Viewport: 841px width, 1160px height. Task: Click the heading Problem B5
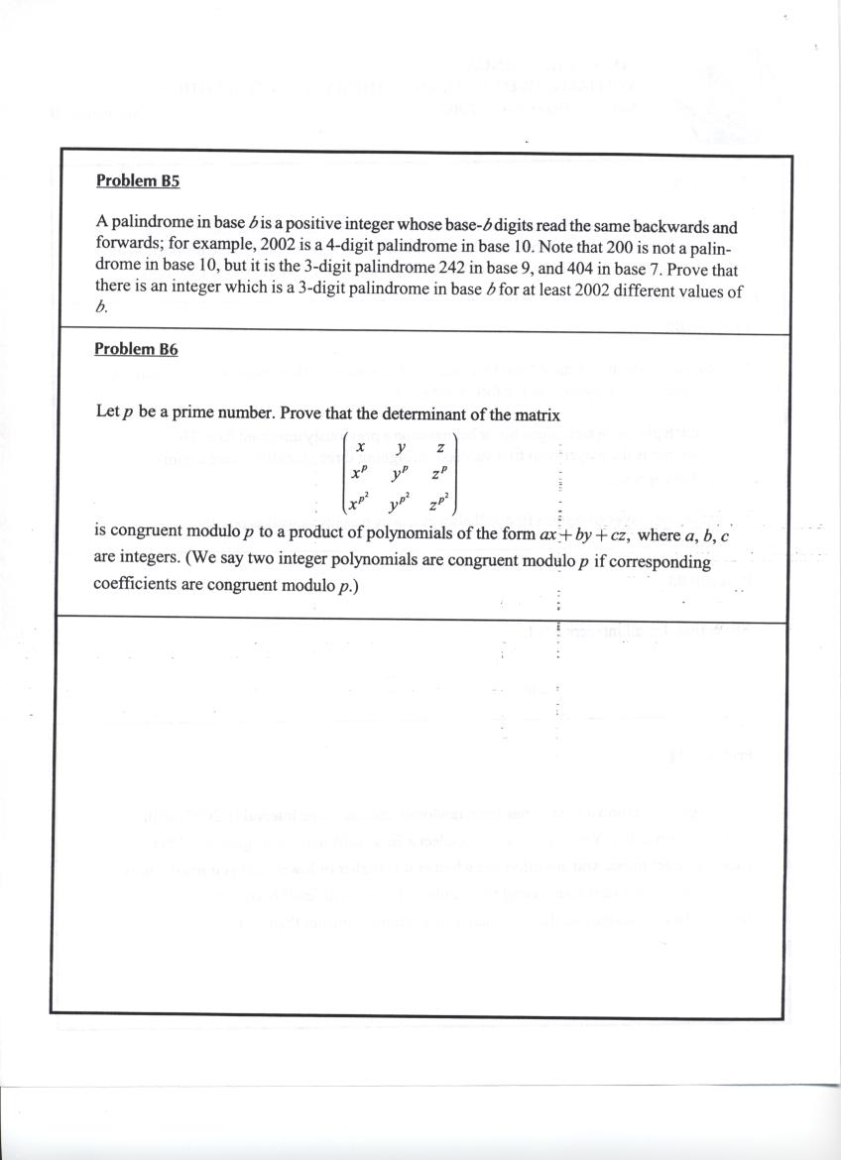(x=137, y=180)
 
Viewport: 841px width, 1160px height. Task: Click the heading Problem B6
(x=136, y=349)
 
